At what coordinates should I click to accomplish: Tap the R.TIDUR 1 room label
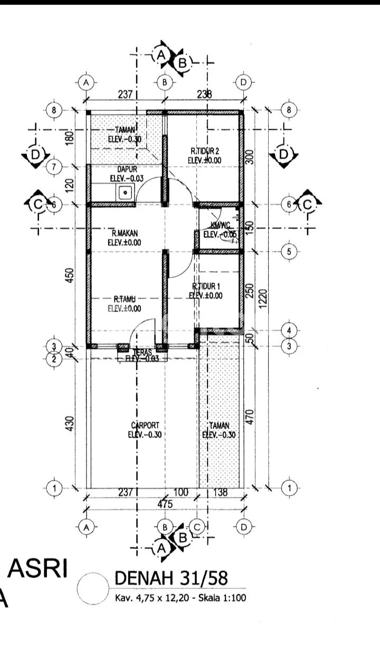pos(206,286)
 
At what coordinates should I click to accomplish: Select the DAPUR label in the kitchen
pos(124,170)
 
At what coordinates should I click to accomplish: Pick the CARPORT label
pos(144,425)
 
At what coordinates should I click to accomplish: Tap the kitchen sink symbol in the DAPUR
pos(125,193)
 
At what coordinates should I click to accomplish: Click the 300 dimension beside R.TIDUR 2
pos(250,157)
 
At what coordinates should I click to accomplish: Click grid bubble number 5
pos(289,252)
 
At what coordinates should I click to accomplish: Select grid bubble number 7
pos(54,167)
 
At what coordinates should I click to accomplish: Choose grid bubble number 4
pos(289,331)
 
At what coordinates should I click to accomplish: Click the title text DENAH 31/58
pos(172,579)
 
